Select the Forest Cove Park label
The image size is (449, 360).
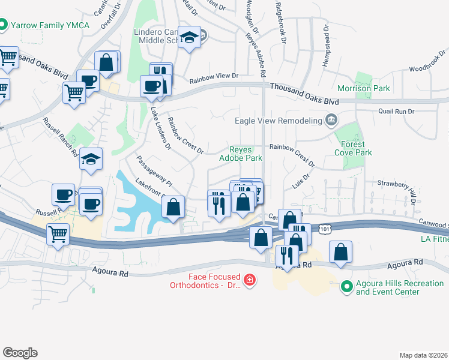[x=356, y=148]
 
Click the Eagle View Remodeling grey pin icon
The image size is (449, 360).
[x=330, y=121]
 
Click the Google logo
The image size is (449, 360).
[x=20, y=353]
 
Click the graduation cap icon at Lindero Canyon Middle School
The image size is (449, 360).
[x=190, y=38]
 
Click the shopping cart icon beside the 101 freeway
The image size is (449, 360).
[x=58, y=233]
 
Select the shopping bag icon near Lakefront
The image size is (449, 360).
[x=173, y=207]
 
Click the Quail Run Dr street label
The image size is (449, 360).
[x=397, y=111]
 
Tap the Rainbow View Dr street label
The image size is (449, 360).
[x=214, y=79]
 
